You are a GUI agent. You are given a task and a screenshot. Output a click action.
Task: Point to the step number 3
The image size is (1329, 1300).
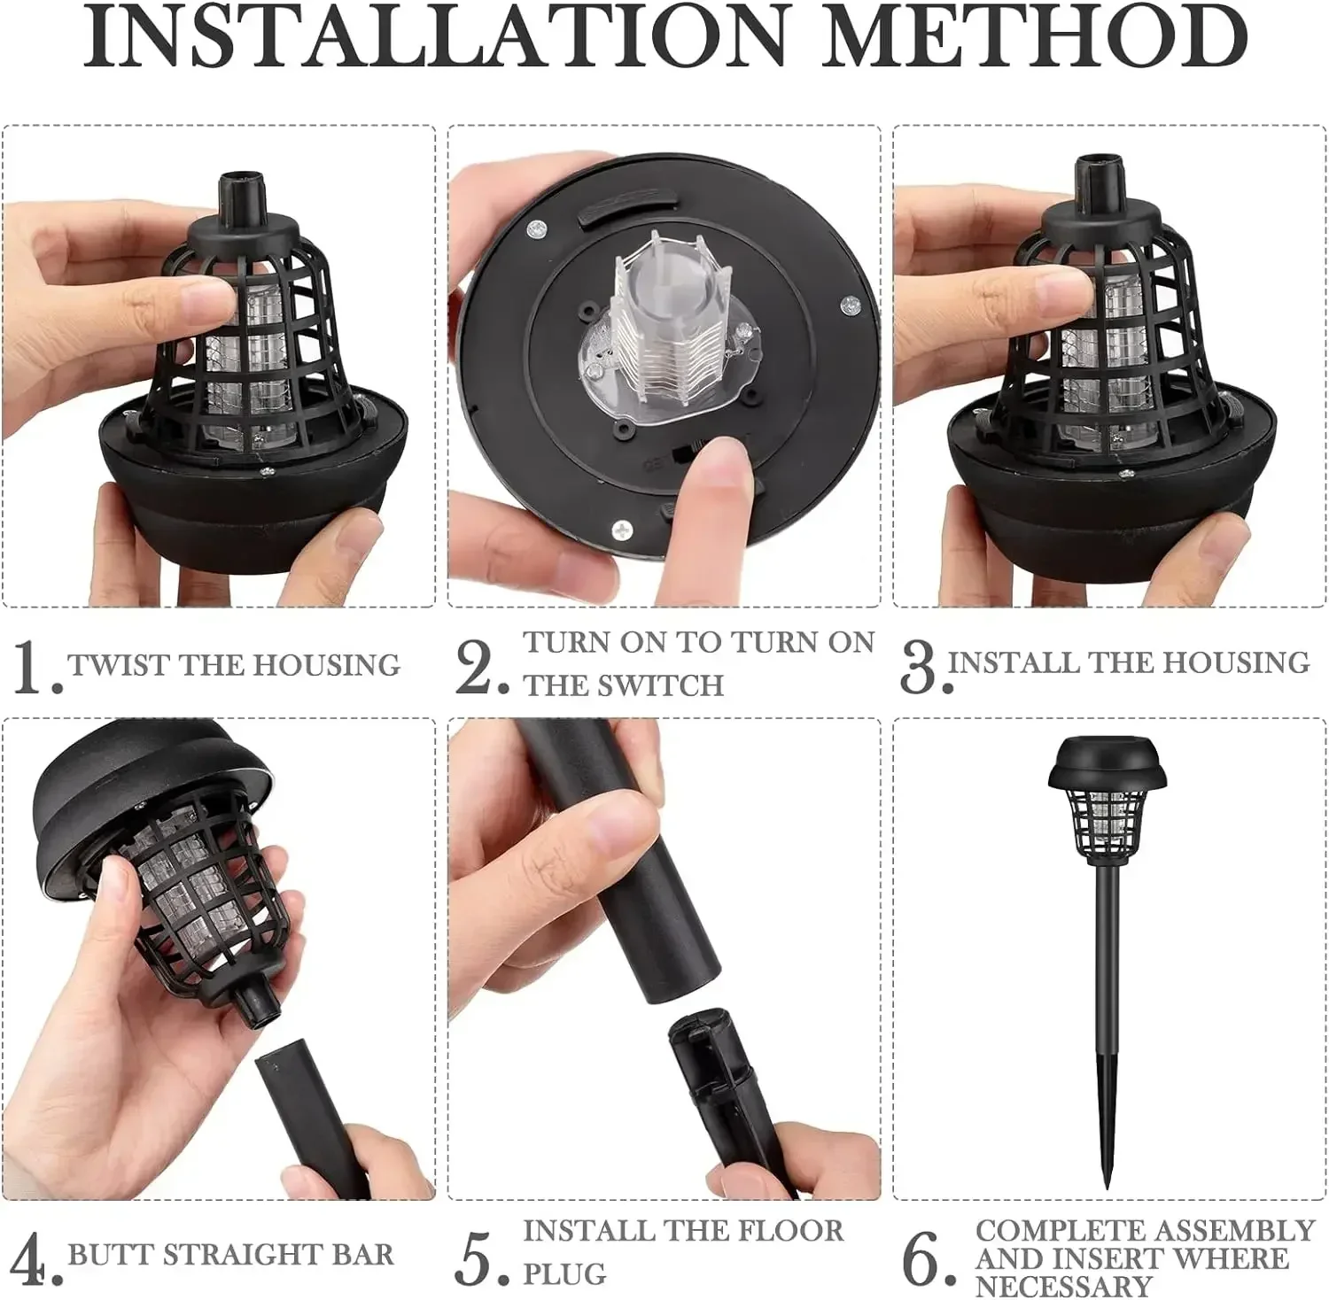coord(919,666)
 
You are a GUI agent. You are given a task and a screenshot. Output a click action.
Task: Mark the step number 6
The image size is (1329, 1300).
coord(923,1257)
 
